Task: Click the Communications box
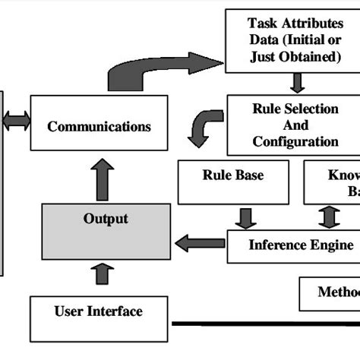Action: [99, 123]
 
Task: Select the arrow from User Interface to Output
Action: [106, 272]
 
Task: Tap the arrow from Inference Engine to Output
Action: [200, 244]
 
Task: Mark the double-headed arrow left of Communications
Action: [16, 120]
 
